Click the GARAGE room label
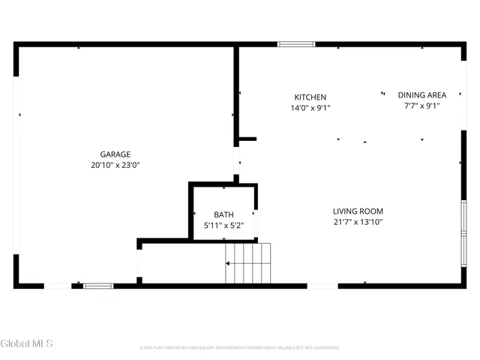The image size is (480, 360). pyautogui.click(x=115, y=154)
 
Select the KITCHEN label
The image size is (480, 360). pyautogui.click(x=310, y=97)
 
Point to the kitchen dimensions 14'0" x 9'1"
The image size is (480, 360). pyautogui.click(x=310, y=108)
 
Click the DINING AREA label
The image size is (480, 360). pyautogui.click(x=421, y=95)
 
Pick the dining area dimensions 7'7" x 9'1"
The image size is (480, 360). pyautogui.click(x=421, y=106)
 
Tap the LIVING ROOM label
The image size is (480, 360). pyautogui.click(x=358, y=211)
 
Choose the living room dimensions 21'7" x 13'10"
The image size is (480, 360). pyautogui.click(x=358, y=222)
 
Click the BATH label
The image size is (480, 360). pyautogui.click(x=223, y=214)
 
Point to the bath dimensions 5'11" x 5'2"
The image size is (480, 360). pyautogui.click(x=223, y=225)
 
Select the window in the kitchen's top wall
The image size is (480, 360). pyautogui.click(x=296, y=44)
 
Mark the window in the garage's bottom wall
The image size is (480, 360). pyautogui.click(x=98, y=285)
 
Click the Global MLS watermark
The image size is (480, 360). pyautogui.click(x=27, y=344)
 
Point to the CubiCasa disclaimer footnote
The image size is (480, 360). pyautogui.click(x=239, y=348)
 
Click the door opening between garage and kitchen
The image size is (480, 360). pyautogui.click(x=237, y=160)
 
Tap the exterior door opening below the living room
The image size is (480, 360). pyautogui.click(x=322, y=285)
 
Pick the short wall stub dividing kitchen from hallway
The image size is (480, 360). pyautogui.click(x=247, y=139)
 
